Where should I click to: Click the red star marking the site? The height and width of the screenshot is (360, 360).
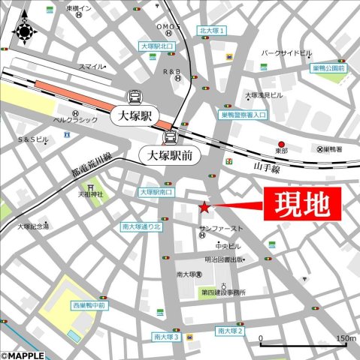point(205,206)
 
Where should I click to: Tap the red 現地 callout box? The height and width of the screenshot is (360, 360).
point(301,203)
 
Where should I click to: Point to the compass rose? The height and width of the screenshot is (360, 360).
point(24,31)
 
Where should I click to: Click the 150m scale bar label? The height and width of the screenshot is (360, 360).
point(345,337)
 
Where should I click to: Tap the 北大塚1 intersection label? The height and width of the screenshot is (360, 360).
point(213,31)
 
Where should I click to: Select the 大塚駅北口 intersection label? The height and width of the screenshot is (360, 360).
point(157,46)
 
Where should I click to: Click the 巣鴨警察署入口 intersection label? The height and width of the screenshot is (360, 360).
point(244,115)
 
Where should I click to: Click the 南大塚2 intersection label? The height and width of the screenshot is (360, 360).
point(230,331)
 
